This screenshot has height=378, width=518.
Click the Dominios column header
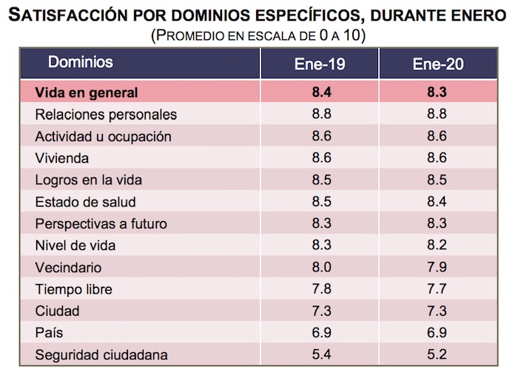[81, 62]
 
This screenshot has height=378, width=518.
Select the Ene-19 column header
[319, 64]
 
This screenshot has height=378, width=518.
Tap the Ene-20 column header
[438, 64]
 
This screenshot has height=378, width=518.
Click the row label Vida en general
[87, 92]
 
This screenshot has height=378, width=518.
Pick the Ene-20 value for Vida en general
[438, 92]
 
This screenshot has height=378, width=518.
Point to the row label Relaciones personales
[106, 115]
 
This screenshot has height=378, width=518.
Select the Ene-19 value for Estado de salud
[319, 202]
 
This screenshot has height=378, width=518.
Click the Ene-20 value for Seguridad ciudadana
[438, 354]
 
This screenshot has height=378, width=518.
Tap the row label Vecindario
[68, 268]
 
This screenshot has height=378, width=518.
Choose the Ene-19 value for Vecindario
[319, 268]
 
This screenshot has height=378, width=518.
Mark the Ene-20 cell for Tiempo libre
[438, 289]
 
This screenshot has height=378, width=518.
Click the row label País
[50, 333]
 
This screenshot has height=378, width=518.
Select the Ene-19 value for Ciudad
[319, 311]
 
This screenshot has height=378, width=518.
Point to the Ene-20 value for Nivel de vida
[438, 246]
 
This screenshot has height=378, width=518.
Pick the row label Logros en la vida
[88, 180]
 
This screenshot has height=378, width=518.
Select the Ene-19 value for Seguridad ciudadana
[319, 354]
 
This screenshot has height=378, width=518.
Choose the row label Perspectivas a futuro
[101, 224]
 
